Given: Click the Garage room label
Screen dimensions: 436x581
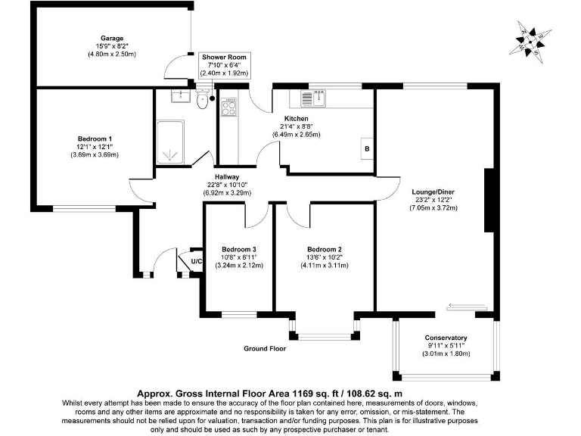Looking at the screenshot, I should point(112,38).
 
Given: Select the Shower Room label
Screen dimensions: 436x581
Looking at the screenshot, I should point(224,58).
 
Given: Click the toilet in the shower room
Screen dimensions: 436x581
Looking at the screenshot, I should point(201,100).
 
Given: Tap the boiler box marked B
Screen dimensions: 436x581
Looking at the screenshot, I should point(367,148).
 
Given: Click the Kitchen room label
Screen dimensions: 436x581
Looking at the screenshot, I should point(296,119).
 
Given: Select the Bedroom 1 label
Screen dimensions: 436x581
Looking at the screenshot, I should point(95,139).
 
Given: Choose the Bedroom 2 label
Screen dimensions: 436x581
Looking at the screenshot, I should point(325,250).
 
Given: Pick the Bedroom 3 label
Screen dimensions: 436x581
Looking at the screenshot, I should point(238,250).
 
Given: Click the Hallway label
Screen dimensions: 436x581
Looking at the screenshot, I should point(227,177).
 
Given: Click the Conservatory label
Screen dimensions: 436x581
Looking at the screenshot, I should point(446,338).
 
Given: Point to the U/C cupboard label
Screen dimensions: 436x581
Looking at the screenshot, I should point(196,262).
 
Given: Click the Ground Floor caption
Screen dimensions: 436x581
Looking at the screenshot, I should point(264,349).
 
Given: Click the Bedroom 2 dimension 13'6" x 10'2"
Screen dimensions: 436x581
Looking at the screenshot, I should point(325,257).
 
